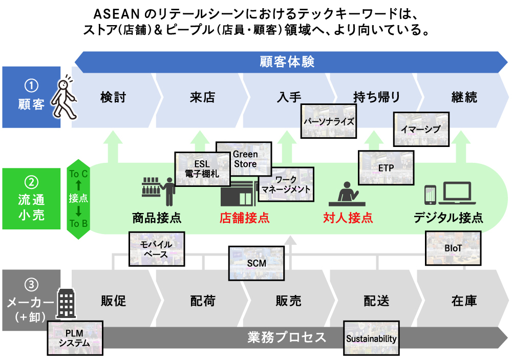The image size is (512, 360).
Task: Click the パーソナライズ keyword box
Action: click(328, 121)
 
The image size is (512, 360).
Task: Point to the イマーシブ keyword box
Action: click(421, 129)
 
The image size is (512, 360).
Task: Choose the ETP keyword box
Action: click(386, 167)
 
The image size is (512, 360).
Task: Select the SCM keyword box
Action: click(257, 263)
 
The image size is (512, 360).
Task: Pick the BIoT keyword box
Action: click(453, 248)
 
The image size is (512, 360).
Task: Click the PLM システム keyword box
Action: click(74, 338)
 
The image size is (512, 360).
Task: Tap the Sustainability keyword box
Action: click(372, 338)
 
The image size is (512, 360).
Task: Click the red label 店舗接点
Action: click(244, 218)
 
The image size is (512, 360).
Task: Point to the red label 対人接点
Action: click(348, 218)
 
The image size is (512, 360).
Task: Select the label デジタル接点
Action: click(449, 218)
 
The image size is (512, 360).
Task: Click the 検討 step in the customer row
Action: click(113, 97)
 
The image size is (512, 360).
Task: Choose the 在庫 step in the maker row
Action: click(464, 301)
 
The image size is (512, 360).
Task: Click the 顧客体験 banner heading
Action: click(287, 62)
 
